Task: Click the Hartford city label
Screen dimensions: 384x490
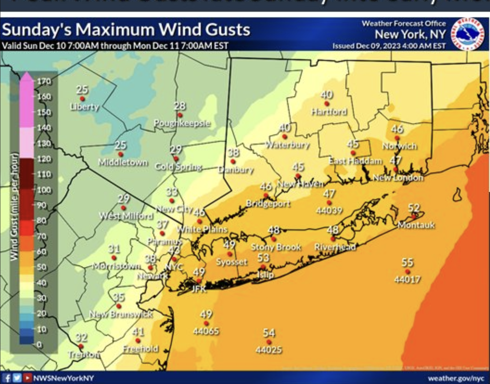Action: pyautogui.click(x=329, y=112)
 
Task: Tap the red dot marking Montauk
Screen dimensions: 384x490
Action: pyautogui.click(x=414, y=216)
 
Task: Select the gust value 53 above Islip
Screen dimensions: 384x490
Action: pyautogui.click(x=264, y=258)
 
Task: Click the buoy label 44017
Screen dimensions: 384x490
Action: pyautogui.click(x=407, y=279)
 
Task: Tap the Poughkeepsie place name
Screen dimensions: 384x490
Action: pyautogui.click(x=182, y=123)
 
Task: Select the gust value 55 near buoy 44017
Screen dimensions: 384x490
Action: pyautogui.click(x=407, y=262)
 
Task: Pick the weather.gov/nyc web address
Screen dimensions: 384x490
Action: pyautogui.click(x=456, y=378)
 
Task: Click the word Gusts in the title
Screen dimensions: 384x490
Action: pyautogui.click(x=227, y=30)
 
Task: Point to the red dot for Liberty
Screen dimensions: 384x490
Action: pyautogui.click(x=82, y=99)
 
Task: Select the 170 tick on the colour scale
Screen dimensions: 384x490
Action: pyautogui.click(x=44, y=81)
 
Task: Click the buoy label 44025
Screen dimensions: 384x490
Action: pyautogui.click(x=269, y=350)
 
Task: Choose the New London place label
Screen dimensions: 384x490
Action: pyautogui.click(x=398, y=178)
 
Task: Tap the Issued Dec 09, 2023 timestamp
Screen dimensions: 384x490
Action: pyautogui.click(x=389, y=46)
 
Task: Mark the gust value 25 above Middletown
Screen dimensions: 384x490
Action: pyautogui.click(x=120, y=145)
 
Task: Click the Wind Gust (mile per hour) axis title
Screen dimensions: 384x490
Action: pyautogui.click(x=14, y=206)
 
